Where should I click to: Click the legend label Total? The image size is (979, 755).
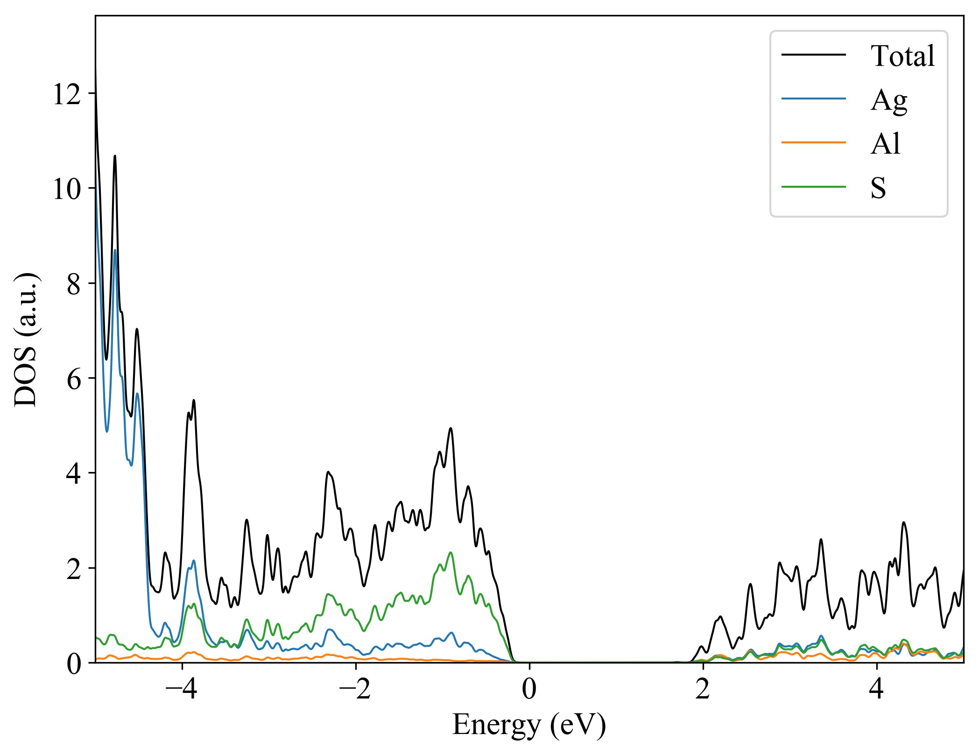(x=902, y=56)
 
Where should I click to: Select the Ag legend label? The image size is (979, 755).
(x=888, y=100)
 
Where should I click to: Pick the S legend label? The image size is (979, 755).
(x=878, y=188)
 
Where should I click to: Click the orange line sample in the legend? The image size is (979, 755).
(x=813, y=142)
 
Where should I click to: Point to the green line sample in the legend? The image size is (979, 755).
(x=813, y=187)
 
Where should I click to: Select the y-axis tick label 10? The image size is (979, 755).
(x=67, y=189)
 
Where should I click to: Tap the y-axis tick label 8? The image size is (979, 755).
(x=74, y=284)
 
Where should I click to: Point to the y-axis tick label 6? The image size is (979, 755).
(x=74, y=379)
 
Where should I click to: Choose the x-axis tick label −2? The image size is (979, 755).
(x=355, y=689)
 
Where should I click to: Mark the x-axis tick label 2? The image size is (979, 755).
(x=703, y=689)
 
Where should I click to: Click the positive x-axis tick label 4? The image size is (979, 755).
(x=876, y=689)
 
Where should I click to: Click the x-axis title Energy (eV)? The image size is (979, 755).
(x=529, y=725)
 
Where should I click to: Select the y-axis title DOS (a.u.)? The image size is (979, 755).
(x=26, y=339)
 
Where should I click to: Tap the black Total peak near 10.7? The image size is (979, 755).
(x=115, y=156)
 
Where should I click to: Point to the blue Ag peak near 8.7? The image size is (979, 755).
(x=115, y=250)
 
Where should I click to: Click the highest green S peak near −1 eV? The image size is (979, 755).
(x=451, y=553)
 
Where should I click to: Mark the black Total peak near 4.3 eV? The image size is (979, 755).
(x=904, y=522)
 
